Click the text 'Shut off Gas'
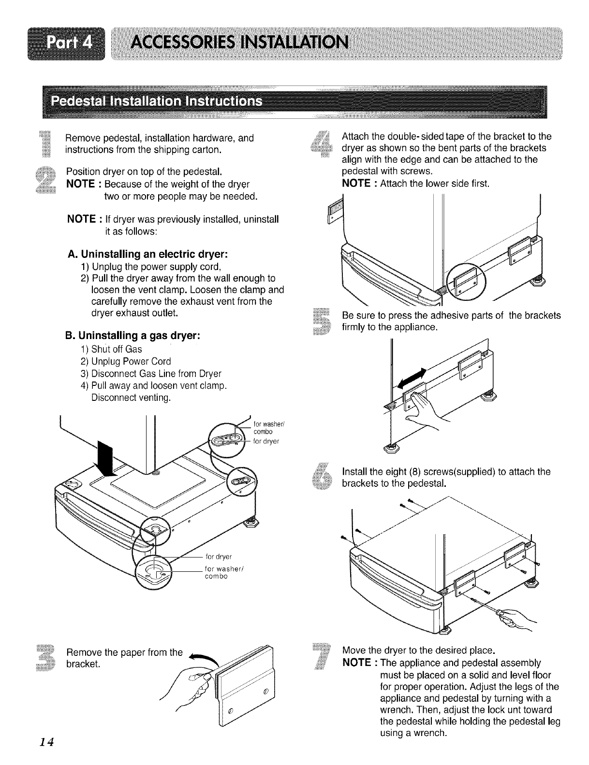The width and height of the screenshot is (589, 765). click(x=116, y=349)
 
